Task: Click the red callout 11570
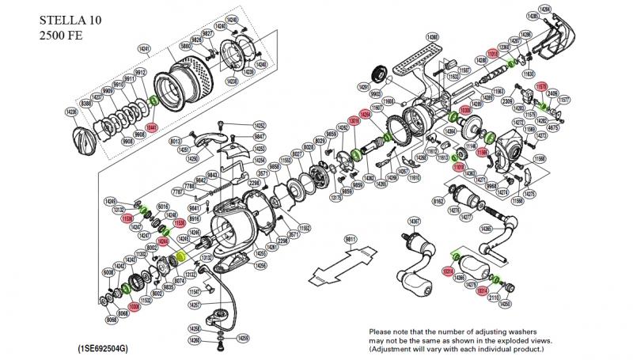coord(543,85)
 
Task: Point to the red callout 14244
coord(163,241)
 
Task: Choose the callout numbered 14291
coord(365,87)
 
